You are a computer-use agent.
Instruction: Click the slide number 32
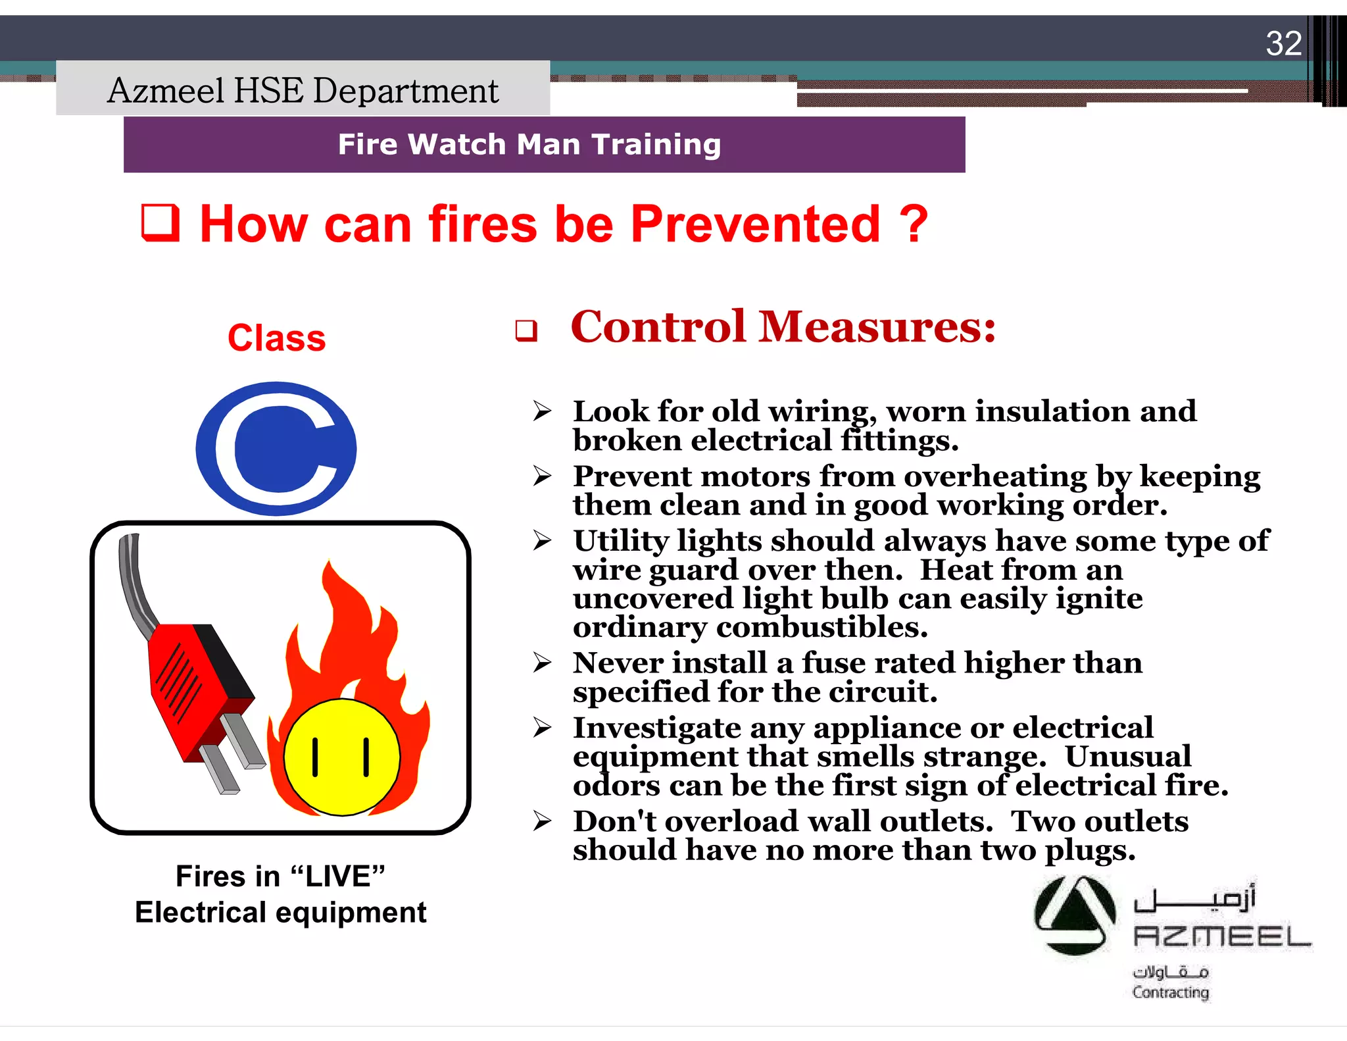(x=1283, y=43)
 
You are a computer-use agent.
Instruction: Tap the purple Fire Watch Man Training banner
(x=544, y=145)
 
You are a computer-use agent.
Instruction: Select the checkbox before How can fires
(x=160, y=224)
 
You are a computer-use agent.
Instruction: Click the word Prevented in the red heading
(x=755, y=224)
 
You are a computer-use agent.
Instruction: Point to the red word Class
(x=276, y=338)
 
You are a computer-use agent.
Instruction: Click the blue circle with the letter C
(x=276, y=449)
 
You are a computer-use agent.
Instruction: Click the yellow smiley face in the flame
(x=341, y=757)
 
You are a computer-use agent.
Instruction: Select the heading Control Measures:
(x=783, y=326)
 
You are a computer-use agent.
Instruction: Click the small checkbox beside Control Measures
(x=526, y=330)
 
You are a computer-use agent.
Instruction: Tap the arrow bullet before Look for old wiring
(x=542, y=411)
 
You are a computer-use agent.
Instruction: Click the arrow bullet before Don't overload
(x=542, y=821)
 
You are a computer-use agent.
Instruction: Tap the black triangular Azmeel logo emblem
(x=1074, y=915)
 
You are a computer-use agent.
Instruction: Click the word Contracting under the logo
(x=1170, y=992)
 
